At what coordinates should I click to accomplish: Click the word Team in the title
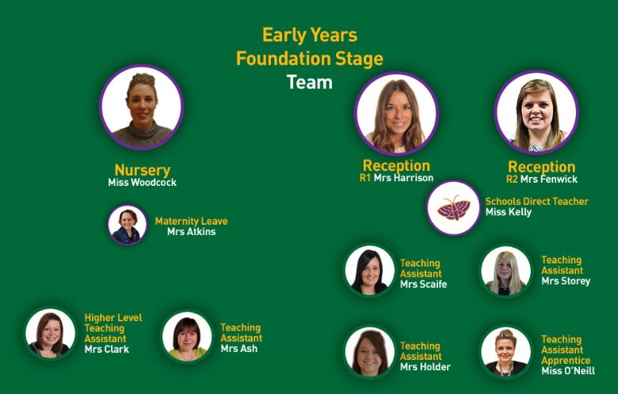[309, 82]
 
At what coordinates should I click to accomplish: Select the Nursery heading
[143, 170]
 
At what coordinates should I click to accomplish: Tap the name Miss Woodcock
[143, 182]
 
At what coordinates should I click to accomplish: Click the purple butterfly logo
[454, 208]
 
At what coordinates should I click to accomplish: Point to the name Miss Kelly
[509, 212]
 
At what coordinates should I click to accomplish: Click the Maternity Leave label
[191, 222]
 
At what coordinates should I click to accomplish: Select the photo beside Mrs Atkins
[128, 225]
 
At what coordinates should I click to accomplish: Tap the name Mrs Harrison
[403, 178]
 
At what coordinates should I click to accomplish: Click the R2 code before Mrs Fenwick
[512, 180]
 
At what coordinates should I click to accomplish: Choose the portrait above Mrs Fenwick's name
[536, 112]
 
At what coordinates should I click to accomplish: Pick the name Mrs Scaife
[423, 284]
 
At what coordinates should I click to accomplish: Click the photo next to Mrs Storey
[505, 271]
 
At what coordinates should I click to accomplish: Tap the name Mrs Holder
[425, 367]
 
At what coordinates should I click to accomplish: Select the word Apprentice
[566, 361]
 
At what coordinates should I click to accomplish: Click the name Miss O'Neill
[568, 371]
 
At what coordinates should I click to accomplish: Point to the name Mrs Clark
[107, 349]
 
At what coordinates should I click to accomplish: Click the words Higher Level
[113, 317]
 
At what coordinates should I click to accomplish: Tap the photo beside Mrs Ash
[187, 336]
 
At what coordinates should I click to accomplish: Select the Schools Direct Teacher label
[537, 202]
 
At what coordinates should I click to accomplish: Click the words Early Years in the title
[310, 36]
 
